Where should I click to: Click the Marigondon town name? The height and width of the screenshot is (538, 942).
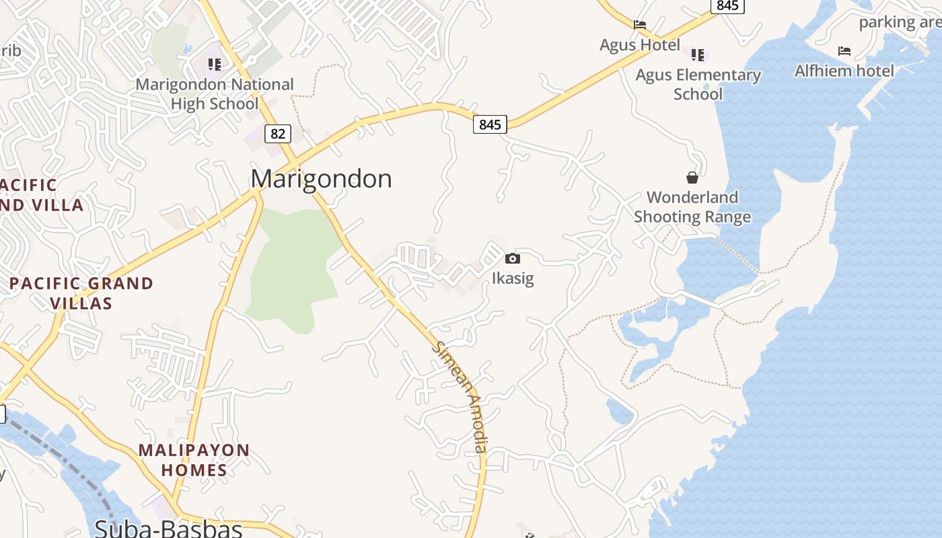[x=321, y=179]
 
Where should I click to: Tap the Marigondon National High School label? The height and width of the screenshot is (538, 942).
[x=215, y=94]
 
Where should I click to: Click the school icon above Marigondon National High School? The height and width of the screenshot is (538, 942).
[x=214, y=65]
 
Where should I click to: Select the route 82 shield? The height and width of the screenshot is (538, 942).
[x=277, y=134]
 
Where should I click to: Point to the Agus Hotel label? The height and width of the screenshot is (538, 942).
[x=640, y=45]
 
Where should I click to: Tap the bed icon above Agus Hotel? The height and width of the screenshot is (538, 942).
[x=640, y=26]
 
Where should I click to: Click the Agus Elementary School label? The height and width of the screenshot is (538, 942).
[x=698, y=84]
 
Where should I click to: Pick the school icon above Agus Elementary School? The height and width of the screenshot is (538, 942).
[x=698, y=55]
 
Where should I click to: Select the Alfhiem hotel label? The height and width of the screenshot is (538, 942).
[x=844, y=71]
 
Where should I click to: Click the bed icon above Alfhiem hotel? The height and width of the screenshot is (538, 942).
[x=844, y=51]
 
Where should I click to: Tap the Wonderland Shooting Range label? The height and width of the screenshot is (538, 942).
[x=692, y=207]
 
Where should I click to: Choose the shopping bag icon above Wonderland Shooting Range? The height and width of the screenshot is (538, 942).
[x=692, y=178]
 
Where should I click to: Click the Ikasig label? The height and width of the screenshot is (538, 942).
[x=513, y=278]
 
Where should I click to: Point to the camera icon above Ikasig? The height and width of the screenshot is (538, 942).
[x=513, y=259]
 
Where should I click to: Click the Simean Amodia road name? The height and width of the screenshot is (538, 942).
[x=462, y=397]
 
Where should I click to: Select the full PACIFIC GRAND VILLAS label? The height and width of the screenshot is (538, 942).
[x=81, y=293]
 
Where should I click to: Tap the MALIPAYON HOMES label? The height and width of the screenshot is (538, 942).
[x=194, y=460]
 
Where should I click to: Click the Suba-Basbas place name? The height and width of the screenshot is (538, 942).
[x=168, y=528]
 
